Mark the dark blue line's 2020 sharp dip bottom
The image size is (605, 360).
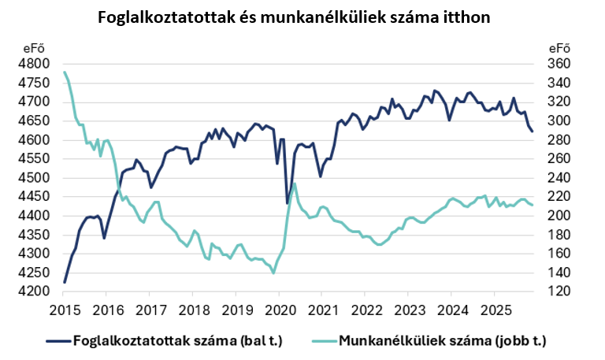coord(287,203)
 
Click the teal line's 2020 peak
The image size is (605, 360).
coord(294,184)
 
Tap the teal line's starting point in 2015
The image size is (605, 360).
coord(64,72)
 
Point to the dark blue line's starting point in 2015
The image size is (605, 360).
coord(65,282)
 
